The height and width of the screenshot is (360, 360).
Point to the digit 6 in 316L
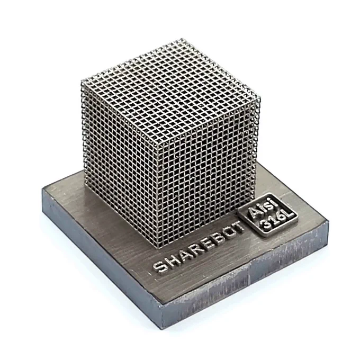click(x=282, y=218)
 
